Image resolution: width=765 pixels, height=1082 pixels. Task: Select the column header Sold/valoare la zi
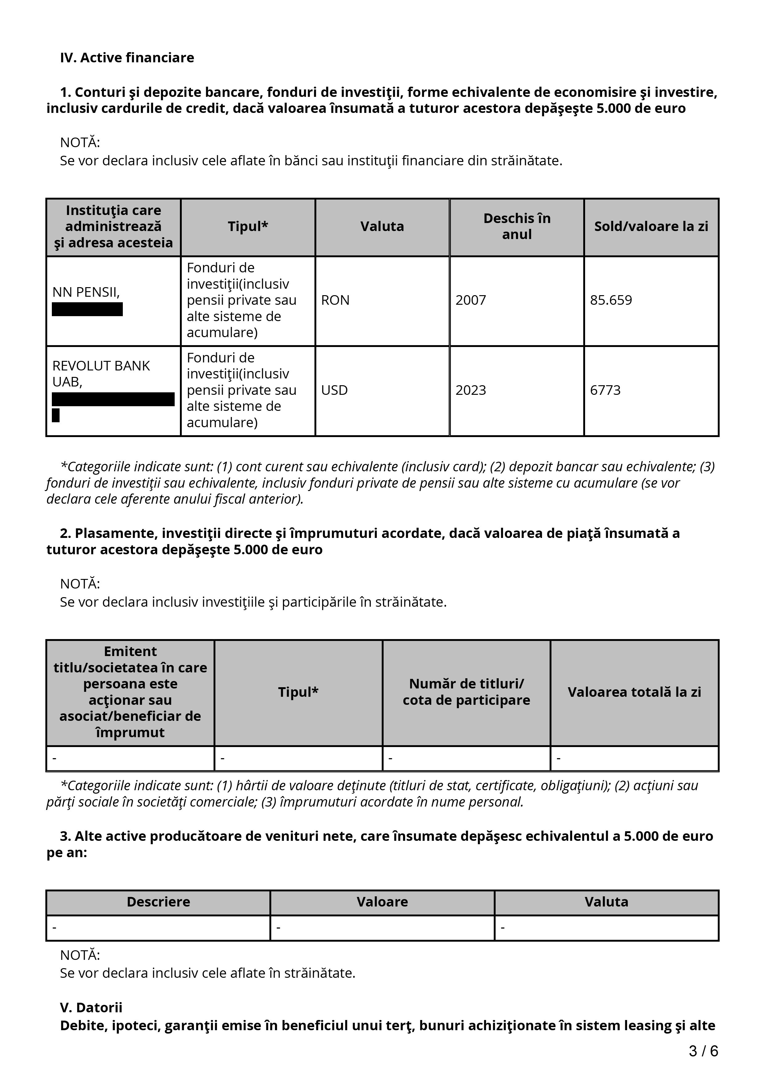pyautogui.click(x=651, y=227)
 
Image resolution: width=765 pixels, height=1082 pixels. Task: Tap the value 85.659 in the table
pyautogui.click(x=611, y=300)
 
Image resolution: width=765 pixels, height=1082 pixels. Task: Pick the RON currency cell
pyautogui.click(x=335, y=300)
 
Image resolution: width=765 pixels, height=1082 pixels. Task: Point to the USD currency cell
pyautogui.click(x=334, y=390)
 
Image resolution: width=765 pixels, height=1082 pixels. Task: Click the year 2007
pyautogui.click(x=470, y=300)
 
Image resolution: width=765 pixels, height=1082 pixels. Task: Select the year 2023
pyautogui.click(x=470, y=390)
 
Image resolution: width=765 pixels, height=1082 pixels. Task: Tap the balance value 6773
pyautogui.click(x=605, y=390)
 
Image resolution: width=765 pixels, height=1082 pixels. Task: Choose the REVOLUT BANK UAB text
pyautogui.click(x=101, y=374)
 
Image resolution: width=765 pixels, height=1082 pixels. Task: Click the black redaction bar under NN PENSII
pyautogui.click(x=87, y=310)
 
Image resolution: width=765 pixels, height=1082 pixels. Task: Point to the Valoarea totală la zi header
pyautogui.click(x=634, y=692)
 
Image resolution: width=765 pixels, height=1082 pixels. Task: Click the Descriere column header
pyautogui.click(x=158, y=902)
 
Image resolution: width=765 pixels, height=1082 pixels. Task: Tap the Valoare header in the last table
pyautogui.click(x=382, y=902)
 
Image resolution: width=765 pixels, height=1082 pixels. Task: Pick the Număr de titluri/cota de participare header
pyautogui.click(x=466, y=692)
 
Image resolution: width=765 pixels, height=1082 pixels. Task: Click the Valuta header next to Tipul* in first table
pyautogui.click(x=382, y=227)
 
